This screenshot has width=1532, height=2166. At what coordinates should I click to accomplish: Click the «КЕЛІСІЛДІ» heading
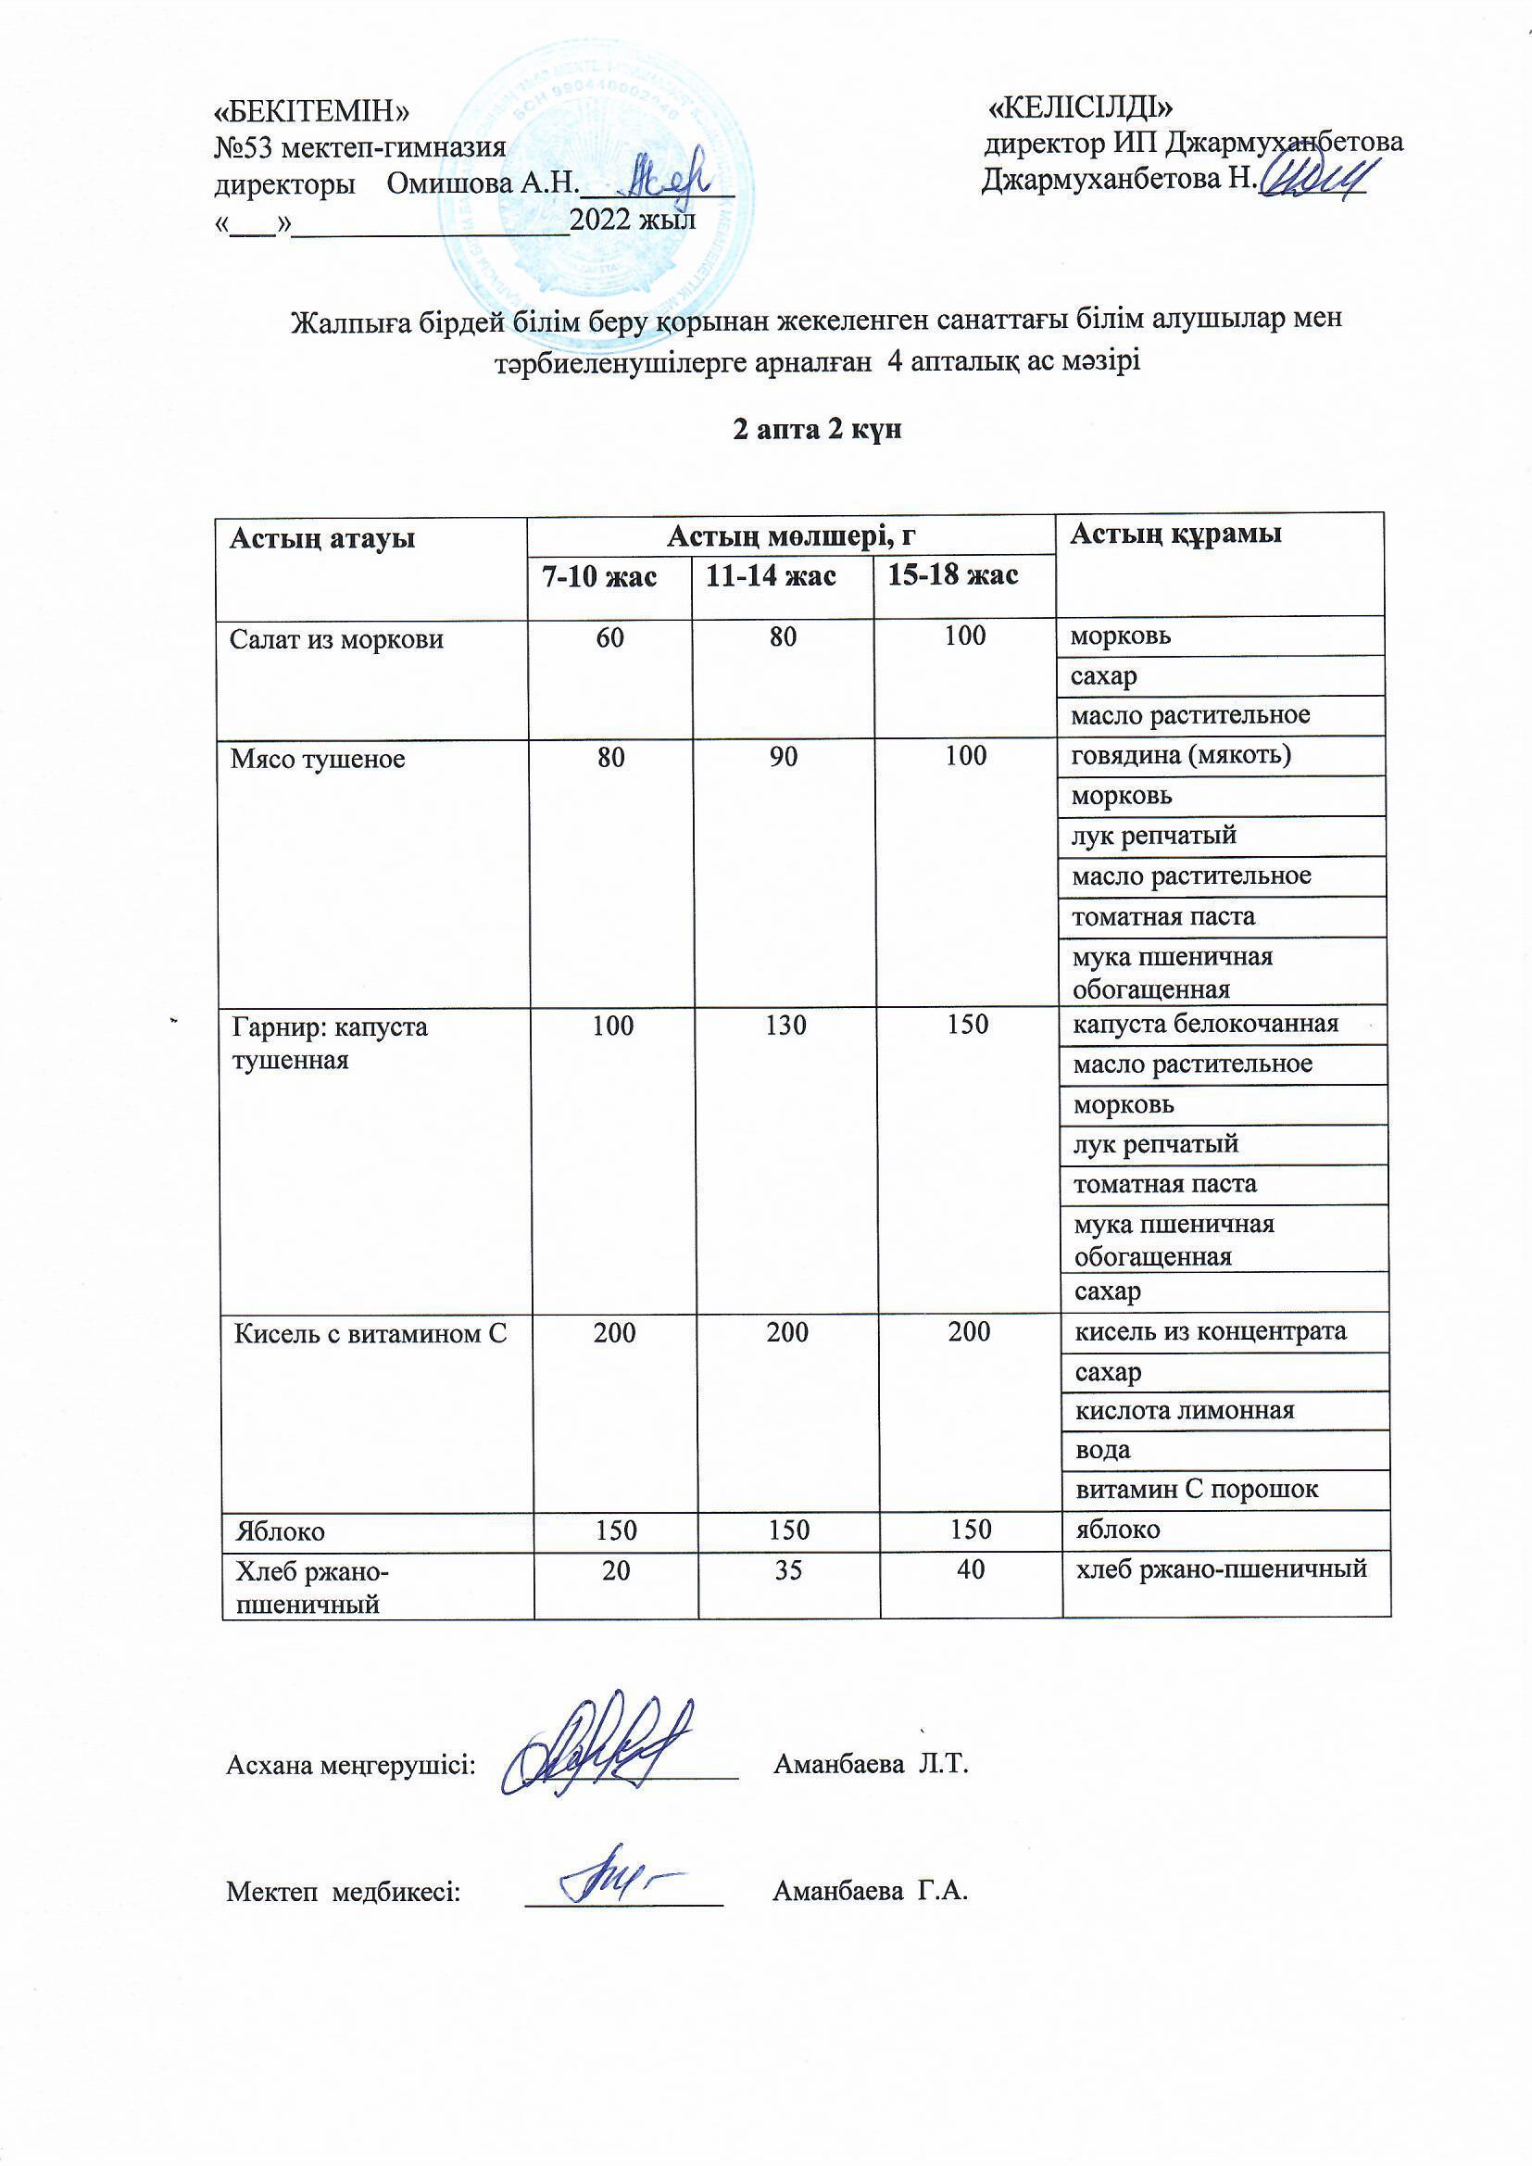pos(1080,107)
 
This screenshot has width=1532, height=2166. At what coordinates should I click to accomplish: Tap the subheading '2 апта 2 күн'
pos(818,429)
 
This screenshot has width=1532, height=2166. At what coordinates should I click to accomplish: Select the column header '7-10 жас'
pos(598,576)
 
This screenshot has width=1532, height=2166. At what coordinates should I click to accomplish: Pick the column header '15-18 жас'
pos(953,574)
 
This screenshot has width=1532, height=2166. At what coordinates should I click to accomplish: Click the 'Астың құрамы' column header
pos(1175,534)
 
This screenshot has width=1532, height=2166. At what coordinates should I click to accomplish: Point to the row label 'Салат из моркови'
pos(337,639)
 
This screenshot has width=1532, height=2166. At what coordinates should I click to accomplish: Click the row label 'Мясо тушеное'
pos(318,760)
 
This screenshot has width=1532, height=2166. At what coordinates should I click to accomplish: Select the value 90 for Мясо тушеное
pos(783,757)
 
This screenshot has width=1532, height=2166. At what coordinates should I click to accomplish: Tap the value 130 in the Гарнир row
pos(785,1026)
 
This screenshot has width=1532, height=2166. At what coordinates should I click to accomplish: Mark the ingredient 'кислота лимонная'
pos(1185,1410)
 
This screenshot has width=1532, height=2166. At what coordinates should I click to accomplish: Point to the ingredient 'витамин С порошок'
pos(1197,1490)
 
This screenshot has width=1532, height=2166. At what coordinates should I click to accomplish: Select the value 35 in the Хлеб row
pos(787,1569)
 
